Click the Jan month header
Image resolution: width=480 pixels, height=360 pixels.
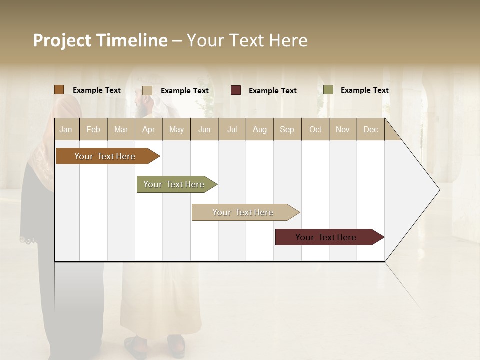coord(66,129)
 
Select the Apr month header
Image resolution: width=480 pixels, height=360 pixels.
coord(149,129)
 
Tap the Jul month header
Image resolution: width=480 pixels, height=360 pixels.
coord(232,129)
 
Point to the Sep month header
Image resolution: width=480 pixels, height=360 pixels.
coord(287,129)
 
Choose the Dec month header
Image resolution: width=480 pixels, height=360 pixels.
coord(370,129)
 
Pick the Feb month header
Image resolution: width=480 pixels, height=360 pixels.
coord(93,129)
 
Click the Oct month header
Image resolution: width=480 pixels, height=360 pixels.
coord(315,129)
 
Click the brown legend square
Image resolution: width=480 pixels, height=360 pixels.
coord(59,90)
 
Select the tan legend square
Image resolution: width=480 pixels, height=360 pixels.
coord(147,90)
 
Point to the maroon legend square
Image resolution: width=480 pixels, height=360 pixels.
coord(236,90)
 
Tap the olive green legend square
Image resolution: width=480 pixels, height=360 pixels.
coord(328,90)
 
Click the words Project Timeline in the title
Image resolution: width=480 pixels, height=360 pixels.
coord(100,40)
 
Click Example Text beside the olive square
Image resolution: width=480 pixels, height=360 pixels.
coord(364,90)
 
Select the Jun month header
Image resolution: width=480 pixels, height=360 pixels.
coord(204,129)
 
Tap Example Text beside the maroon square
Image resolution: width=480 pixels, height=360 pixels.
coord(272,91)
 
